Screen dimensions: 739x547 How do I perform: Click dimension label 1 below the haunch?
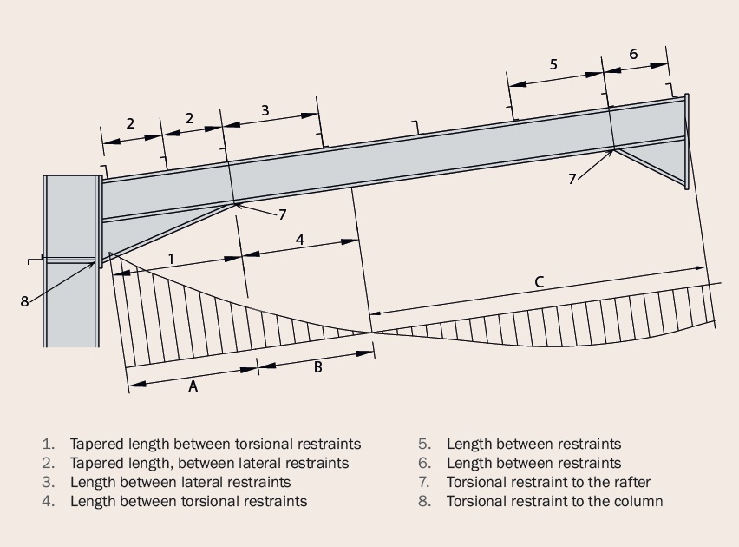(x=171, y=259)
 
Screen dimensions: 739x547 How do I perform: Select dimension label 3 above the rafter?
(x=265, y=110)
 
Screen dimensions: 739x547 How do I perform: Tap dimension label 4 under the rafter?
(x=299, y=241)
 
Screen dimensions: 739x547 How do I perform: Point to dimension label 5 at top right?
(x=553, y=64)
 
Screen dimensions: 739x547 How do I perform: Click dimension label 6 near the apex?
(x=633, y=54)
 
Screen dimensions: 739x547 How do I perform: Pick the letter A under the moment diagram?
(x=193, y=386)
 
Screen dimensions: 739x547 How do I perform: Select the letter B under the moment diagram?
(x=317, y=367)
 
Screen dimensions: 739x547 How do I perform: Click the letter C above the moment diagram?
(x=539, y=281)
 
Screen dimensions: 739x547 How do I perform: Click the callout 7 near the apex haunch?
(x=572, y=179)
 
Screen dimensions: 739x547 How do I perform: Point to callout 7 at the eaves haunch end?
(x=282, y=214)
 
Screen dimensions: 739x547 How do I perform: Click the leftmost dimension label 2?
(x=130, y=123)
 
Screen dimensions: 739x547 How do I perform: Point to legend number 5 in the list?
(x=424, y=444)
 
